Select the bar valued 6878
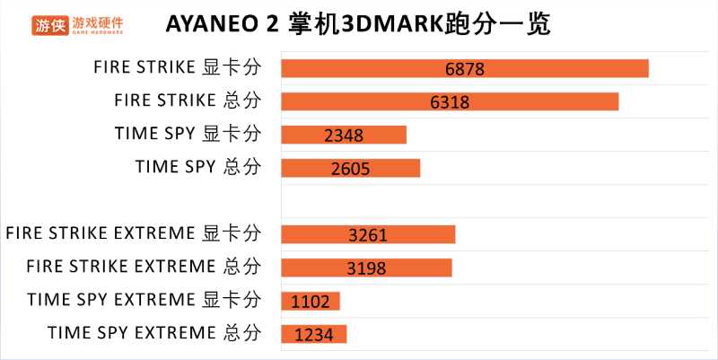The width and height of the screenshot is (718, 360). coord(464,68)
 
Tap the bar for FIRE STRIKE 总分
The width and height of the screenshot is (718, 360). coord(450,101)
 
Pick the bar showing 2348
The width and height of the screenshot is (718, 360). coord(344,135)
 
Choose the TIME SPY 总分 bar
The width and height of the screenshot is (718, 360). coord(350,168)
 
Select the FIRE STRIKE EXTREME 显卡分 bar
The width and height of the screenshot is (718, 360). coord(368,234)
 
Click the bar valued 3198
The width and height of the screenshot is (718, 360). coord(366,268)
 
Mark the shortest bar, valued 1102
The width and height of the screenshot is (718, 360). coord(311,301)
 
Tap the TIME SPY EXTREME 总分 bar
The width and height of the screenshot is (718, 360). coord(313,334)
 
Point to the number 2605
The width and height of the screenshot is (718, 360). coord(350,169)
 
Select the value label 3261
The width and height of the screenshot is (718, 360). coord(368,235)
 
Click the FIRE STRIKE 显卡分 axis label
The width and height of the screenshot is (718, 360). coord(177,67)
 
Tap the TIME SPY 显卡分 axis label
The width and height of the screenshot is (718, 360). coord(188,134)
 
